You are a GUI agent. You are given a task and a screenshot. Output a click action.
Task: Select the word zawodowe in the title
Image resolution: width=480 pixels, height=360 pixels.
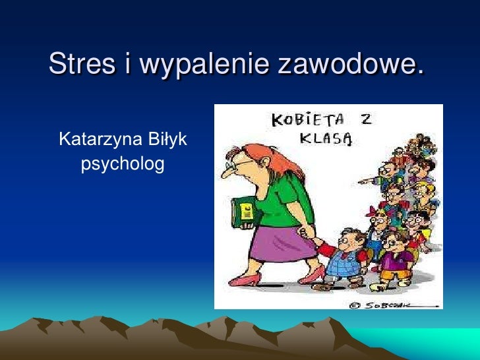click(x=350, y=64)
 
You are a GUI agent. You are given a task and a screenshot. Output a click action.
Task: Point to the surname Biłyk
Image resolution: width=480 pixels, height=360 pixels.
click(x=165, y=140)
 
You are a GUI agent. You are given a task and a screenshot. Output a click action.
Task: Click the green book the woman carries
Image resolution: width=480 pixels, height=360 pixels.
click(x=243, y=212)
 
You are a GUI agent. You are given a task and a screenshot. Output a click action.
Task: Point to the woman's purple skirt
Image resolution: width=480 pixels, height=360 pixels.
click(x=282, y=241)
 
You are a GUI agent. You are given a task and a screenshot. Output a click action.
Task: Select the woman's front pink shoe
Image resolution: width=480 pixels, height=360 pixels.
click(x=243, y=280)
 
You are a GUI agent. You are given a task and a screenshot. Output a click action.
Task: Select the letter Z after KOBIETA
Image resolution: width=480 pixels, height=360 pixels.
click(x=364, y=121)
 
